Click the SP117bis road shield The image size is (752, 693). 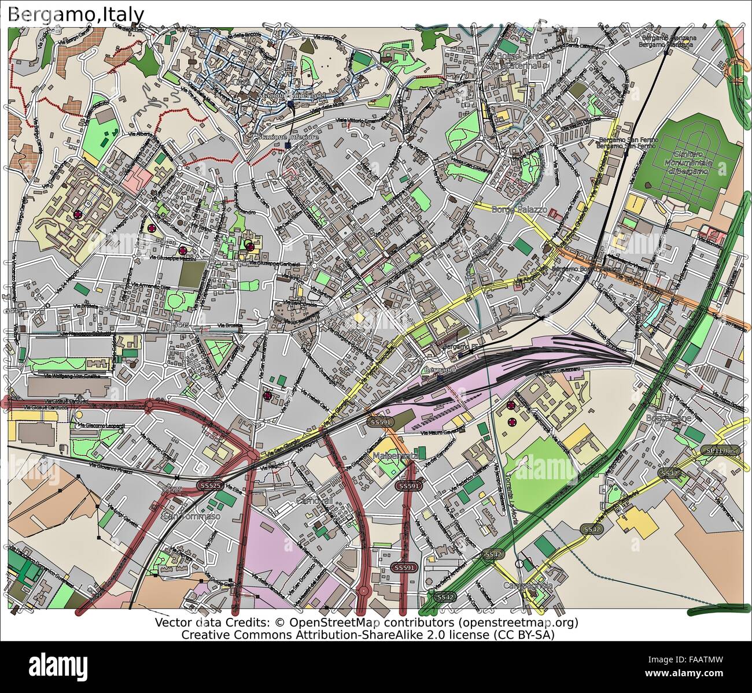click(720, 450)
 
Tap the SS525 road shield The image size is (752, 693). click(209, 486)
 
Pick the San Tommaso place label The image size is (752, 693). click(193, 516)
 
